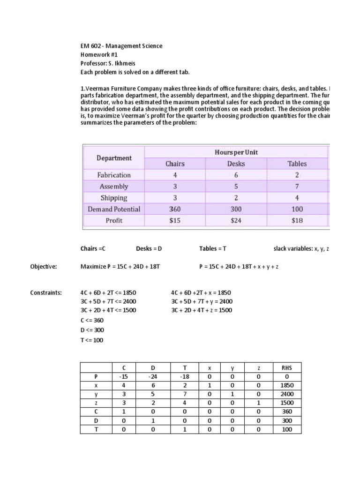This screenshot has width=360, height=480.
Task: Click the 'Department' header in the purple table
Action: click(x=114, y=158)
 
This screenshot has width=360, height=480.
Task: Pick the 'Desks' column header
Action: click(x=236, y=164)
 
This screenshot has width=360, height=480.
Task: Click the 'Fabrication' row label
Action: click(x=114, y=175)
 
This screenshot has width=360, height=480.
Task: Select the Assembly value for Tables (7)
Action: click(x=297, y=186)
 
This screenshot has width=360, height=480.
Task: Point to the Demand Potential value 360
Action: click(x=175, y=209)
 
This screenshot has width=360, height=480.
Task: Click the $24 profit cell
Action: click(x=236, y=220)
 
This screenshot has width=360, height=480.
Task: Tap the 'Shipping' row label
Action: click(x=114, y=198)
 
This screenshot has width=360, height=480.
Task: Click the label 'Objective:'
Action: click(x=44, y=267)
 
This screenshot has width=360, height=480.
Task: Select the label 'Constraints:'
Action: click(x=46, y=292)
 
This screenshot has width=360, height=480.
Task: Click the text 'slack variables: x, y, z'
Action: click(x=301, y=248)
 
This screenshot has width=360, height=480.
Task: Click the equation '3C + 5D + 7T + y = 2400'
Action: click(x=202, y=301)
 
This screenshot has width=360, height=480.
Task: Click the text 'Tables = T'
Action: click(x=213, y=248)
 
